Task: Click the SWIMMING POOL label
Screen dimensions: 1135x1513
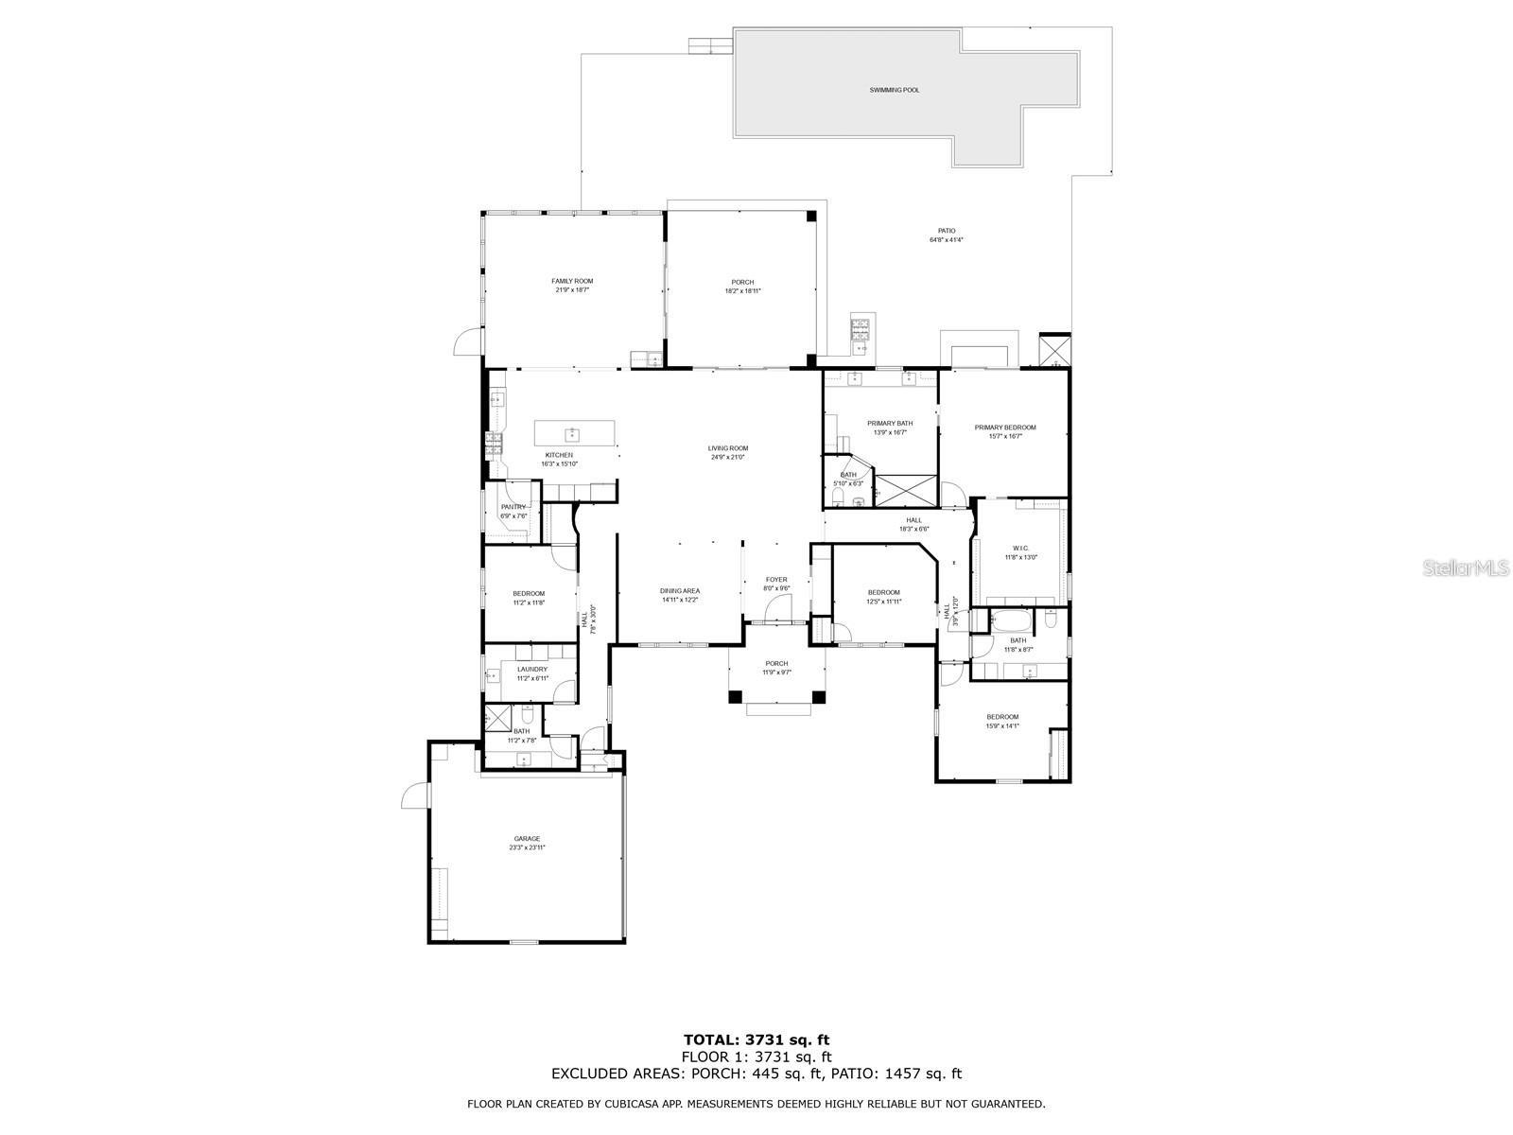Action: pyautogui.click(x=894, y=90)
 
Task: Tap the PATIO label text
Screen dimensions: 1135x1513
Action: pyautogui.click(x=946, y=231)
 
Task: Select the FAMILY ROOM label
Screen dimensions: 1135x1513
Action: pyautogui.click(x=572, y=281)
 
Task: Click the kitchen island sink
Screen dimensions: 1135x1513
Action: pyautogui.click(x=572, y=434)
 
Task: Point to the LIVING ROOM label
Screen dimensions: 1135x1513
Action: pyautogui.click(x=728, y=448)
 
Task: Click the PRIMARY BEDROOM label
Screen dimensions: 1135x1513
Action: pyautogui.click(x=1004, y=428)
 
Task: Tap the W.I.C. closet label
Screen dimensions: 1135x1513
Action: pyautogui.click(x=1020, y=549)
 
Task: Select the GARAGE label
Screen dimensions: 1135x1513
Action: pyautogui.click(x=527, y=839)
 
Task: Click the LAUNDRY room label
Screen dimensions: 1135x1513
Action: pyautogui.click(x=531, y=670)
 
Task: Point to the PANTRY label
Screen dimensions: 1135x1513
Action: pyautogui.click(x=513, y=507)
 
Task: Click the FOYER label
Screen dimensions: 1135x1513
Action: pyautogui.click(x=775, y=580)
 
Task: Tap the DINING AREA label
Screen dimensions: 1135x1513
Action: pyautogui.click(x=679, y=591)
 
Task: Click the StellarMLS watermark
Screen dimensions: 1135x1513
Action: pyautogui.click(x=1470, y=567)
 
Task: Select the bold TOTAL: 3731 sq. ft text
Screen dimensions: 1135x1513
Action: pyautogui.click(x=756, y=1040)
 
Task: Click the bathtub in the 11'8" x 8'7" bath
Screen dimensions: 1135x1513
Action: pyautogui.click(x=1010, y=621)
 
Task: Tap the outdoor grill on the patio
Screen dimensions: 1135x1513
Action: pyautogui.click(x=861, y=330)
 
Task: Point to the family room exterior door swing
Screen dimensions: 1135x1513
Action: pyautogui.click(x=467, y=343)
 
